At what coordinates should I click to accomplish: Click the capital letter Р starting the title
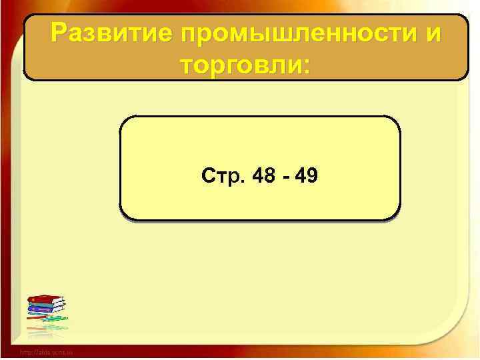[59, 32]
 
